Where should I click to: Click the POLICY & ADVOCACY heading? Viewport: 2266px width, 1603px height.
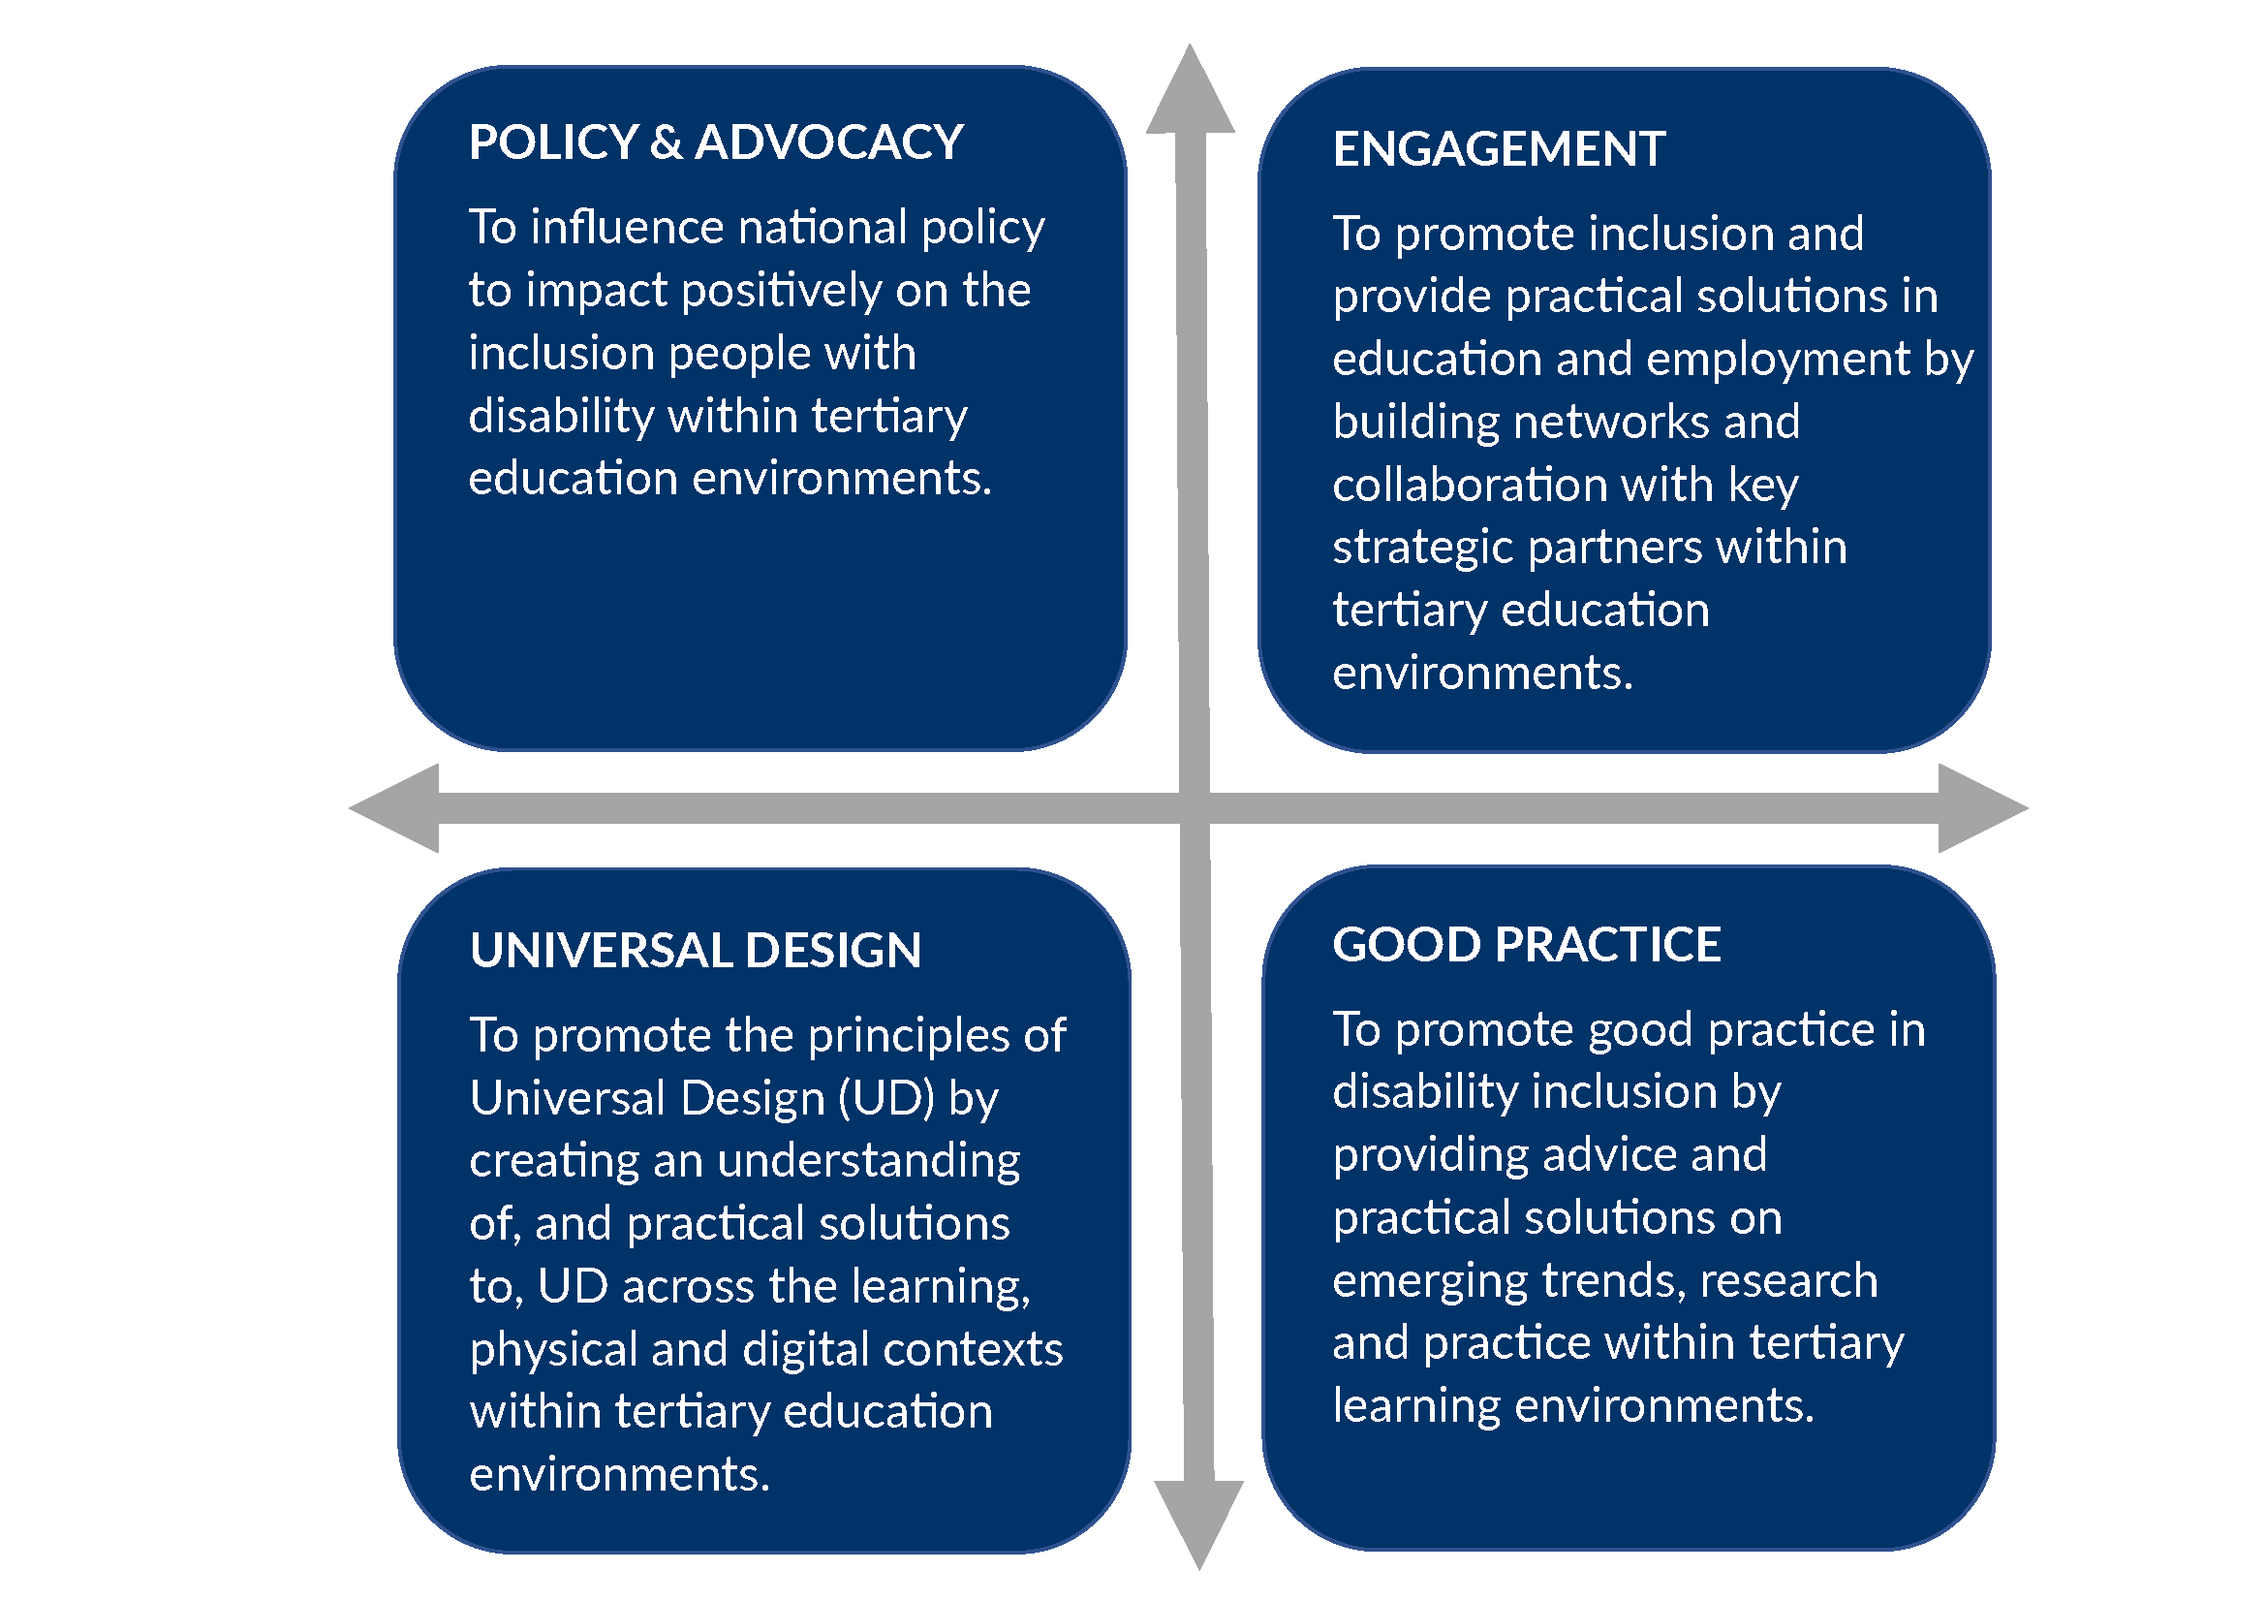716,142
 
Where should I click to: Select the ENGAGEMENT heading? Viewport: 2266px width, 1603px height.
1498,149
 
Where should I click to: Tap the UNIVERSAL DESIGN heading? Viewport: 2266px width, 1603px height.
696,950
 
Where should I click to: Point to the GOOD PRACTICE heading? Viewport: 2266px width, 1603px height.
1526,944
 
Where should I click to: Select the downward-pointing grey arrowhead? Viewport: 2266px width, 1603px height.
1198,1524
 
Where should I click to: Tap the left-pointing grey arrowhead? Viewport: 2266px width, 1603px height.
394,807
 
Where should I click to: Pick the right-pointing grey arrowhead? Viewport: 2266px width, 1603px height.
1983,807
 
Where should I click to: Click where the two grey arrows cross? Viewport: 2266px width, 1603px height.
1195,807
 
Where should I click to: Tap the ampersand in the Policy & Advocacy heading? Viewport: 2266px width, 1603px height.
667,142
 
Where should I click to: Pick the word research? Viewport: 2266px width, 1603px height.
1788,1280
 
